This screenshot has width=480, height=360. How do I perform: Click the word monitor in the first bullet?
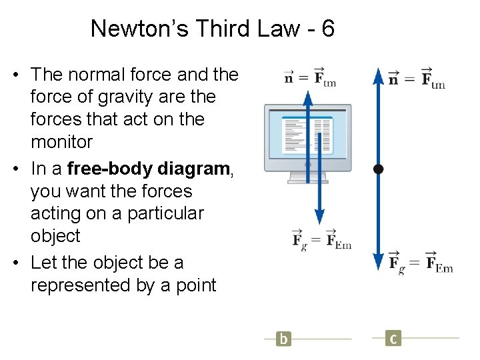[61, 141]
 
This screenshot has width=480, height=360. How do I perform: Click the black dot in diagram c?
[378, 169]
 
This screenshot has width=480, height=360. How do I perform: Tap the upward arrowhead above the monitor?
[307, 99]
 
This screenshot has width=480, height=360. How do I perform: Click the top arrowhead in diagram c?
[378, 75]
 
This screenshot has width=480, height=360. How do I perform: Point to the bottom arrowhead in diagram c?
[378, 261]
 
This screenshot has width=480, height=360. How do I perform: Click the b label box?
[284, 339]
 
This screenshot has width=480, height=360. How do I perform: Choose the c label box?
[393, 339]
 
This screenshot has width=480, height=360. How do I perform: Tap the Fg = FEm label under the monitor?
[322, 239]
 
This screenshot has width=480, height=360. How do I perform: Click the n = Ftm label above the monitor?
[310, 77]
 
